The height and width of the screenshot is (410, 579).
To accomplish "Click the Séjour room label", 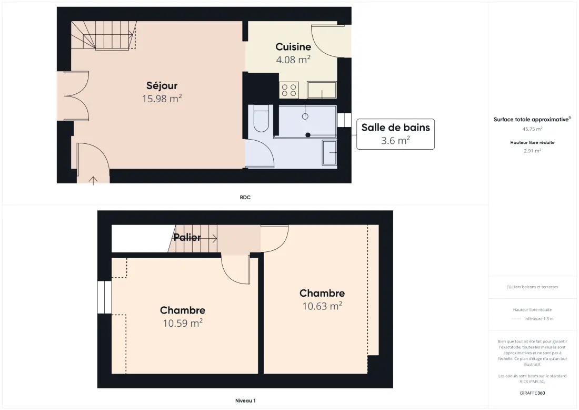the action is point(162,86).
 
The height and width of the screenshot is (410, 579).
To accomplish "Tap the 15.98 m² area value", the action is point(162,99).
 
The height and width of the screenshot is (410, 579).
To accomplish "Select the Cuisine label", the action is point(293,47).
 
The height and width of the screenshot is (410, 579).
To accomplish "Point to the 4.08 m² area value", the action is point(293,60).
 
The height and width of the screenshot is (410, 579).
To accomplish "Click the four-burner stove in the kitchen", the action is point(289,90).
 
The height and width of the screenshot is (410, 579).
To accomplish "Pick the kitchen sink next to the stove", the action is point(322,90).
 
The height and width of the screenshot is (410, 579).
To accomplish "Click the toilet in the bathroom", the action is point(262,119).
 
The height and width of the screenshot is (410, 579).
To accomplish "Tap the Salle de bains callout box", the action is point(395,134).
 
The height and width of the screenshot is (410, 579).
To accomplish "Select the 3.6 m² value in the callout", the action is point(395,141).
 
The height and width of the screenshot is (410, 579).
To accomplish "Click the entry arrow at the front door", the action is point(93,180).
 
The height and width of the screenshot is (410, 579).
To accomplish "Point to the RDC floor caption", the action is point(245,198).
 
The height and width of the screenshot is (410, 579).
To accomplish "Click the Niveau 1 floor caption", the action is point(245,401).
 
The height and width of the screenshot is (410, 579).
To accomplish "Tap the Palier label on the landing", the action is point(187,237).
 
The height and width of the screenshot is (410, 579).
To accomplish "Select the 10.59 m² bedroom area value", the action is point(183,323).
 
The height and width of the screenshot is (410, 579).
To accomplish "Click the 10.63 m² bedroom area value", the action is point(322,306).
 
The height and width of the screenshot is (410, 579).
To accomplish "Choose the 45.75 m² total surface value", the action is point(532,129).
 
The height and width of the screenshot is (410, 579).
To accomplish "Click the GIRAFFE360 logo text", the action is point(532,393).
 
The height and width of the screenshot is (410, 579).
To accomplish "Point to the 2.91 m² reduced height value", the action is point(532,151).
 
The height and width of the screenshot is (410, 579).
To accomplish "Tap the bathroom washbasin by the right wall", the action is point(330,152).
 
